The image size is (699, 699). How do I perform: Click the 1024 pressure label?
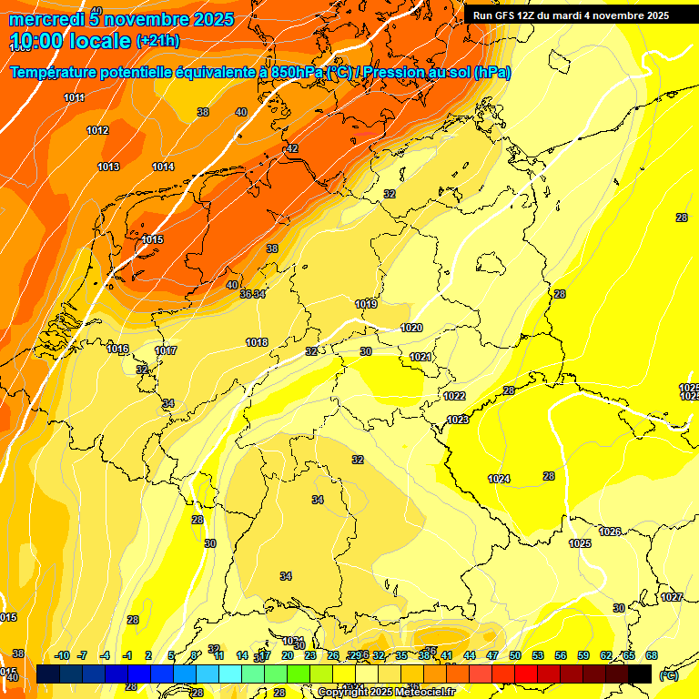click(x=499, y=479)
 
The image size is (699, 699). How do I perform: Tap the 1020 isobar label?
click(x=411, y=328)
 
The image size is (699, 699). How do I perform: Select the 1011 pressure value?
click(x=75, y=97)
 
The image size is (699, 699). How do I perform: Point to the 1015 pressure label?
click(x=152, y=239)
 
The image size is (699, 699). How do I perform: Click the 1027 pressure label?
click(x=672, y=597)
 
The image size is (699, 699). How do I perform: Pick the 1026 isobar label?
click(x=610, y=532)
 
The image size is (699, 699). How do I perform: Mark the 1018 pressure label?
click(x=257, y=342)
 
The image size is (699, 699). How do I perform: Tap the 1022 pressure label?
click(x=455, y=396)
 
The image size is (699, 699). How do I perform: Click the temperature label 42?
click(x=292, y=148)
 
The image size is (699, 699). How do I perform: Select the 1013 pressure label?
click(x=108, y=167)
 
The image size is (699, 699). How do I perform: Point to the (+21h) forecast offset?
click(x=157, y=41)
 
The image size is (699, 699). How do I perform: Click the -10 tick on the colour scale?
click(x=62, y=655)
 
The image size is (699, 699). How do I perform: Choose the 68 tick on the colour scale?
click(x=652, y=655)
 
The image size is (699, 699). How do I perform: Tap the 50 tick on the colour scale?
click(x=515, y=655)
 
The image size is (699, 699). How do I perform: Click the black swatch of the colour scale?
click(x=640, y=674)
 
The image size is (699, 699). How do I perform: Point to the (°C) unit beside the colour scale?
click(x=669, y=675)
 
